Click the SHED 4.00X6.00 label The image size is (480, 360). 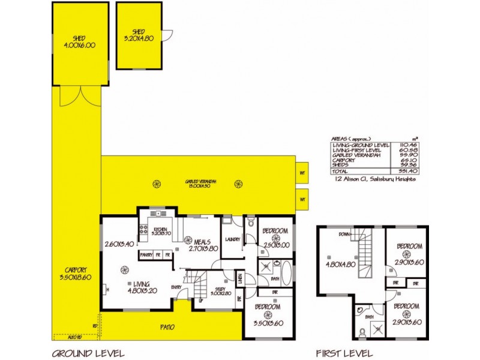(80, 41)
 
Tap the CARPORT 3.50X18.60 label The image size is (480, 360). (76, 273)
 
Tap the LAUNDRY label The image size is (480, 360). (232, 240)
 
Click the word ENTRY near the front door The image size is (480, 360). (176, 287)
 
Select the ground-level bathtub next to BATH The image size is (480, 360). (287, 274)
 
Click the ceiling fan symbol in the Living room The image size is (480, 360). (125, 269)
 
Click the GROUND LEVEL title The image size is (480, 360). (88, 353)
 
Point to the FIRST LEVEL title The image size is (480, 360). (344, 353)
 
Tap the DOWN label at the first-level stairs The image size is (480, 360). (345, 234)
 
